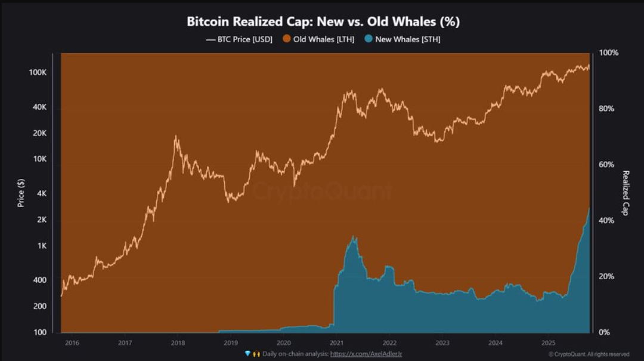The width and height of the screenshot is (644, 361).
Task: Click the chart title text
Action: (323, 22)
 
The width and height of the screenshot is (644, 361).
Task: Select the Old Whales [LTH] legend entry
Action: (319, 39)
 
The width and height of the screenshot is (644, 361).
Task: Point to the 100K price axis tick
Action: (37, 72)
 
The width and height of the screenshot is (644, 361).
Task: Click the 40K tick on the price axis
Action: (39, 107)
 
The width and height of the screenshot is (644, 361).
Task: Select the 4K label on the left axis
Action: (41, 194)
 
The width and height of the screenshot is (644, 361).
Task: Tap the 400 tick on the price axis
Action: (39, 280)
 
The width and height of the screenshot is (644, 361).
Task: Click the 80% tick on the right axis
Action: (606, 109)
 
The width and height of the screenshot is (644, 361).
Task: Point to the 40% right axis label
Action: (606, 221)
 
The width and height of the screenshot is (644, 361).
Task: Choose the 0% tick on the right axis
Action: (604, 332)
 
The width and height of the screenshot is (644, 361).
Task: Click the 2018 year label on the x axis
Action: (178, 343)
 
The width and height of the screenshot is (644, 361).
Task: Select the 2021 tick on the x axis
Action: (337, 343)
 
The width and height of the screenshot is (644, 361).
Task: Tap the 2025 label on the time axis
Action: (549, 343)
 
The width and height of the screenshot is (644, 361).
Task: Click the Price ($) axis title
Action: (21, 193)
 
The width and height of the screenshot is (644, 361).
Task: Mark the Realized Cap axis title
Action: (626, 193)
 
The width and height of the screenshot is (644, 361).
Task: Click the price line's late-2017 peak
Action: (176, 136)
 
